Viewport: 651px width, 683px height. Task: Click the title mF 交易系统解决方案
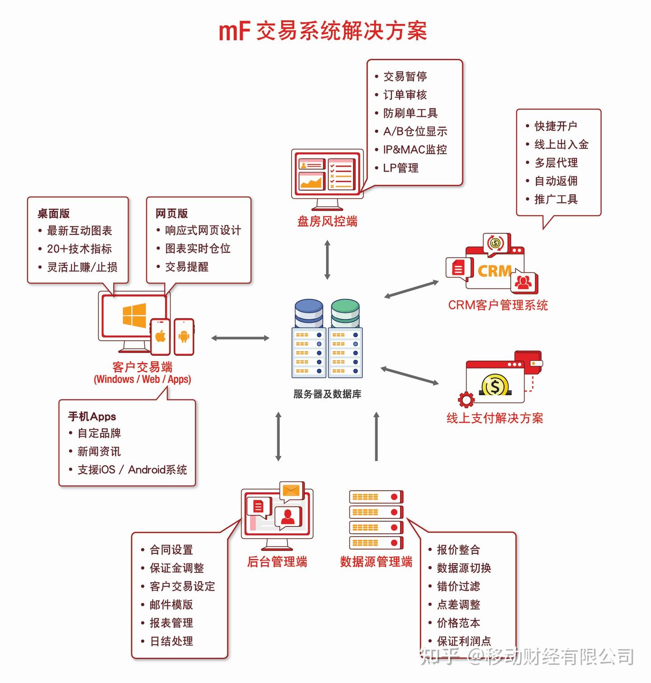click(x=323, y=31)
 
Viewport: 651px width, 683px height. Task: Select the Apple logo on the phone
click(x=160, y=336)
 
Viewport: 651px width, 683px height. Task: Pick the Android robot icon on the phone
click(x=184, y=336)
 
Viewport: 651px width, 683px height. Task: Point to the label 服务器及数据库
click(x=327, y=394)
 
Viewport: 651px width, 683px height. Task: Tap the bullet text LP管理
click(x=401, y=168)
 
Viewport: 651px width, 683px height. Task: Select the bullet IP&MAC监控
click(x=415, y=150)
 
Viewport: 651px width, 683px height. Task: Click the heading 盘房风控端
click(x=327, y=221)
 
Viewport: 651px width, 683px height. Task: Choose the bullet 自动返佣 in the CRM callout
click(x=556, y=181)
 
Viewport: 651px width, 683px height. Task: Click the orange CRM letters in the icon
click(x=494, y=271)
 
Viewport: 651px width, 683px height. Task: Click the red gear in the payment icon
click(x=466, y=400)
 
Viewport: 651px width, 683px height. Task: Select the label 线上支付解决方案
click(x=495, y=418)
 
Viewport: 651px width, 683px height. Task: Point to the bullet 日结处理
click(x=171, y=641)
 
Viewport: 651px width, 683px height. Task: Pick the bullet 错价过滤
click(x=458, y=586)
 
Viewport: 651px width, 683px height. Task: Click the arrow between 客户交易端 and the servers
click(x=240, y=338)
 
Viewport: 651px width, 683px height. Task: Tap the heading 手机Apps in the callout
click(x=92, y=416)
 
